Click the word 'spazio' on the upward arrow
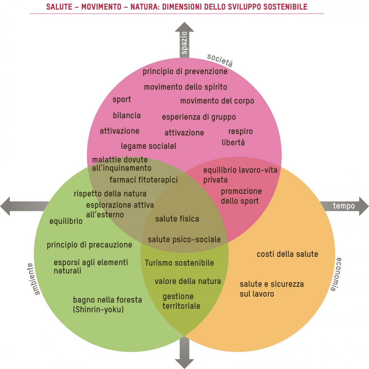(x=184, y=43)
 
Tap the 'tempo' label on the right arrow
(x=344, y=206)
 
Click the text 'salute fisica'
(x=177, y=219)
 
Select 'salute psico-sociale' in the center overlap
(x=184, y=239)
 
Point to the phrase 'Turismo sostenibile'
(x=179, y=263)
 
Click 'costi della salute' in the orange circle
(x=287, y=254)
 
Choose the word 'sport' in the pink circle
(x=122, y=100)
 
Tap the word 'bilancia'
(x=127, y=116)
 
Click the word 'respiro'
(x=240, y=132)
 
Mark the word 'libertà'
(x=233, y=142)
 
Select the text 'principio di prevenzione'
(x=185, y=72)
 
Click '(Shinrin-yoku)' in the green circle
(x=98, y=309)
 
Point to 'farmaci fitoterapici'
(x=144, y=179)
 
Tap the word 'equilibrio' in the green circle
(x=66, y=221)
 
